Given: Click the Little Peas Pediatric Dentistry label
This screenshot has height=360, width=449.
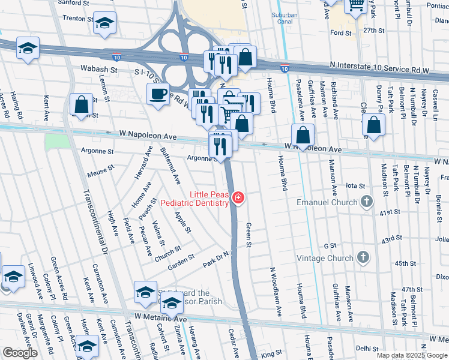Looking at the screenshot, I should pos(209,199).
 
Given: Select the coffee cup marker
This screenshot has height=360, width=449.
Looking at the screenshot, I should pos(158,94).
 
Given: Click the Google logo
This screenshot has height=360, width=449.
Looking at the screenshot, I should pos(20,353).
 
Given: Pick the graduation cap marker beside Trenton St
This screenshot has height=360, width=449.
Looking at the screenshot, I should pos(105,23).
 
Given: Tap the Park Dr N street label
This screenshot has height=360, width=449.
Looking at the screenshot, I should pos(216,260).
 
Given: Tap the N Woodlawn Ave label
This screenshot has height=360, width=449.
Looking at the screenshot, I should pos(276,292).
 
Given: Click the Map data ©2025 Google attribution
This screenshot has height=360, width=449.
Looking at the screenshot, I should pos(412,355).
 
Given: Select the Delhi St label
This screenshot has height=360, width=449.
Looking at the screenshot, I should pos(364,347).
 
